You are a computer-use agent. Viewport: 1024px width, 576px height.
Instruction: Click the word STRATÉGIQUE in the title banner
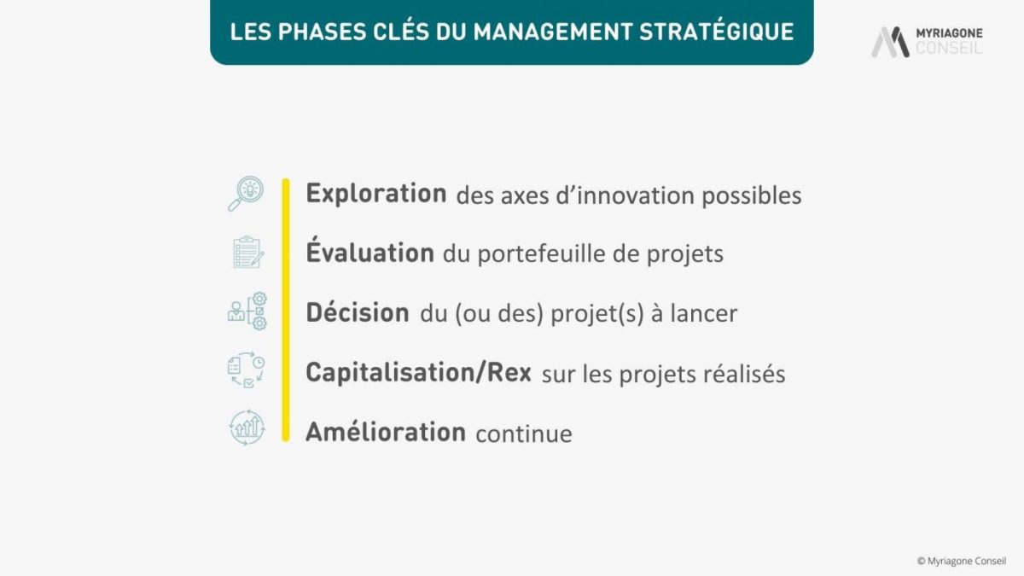point(716,31)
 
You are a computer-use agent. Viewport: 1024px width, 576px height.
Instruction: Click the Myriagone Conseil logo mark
point(890,42)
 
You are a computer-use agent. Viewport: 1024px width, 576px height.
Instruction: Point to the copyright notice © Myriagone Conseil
point(962,561)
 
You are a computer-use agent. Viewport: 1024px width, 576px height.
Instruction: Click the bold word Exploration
point(376,193)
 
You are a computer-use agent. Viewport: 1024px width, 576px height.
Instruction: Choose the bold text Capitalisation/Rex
point(418,372)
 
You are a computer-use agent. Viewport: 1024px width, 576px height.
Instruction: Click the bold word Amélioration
point(386,431)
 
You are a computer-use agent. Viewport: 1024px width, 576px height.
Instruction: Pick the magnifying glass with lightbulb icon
point(246,194)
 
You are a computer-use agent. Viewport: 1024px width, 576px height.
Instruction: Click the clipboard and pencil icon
point(248,252)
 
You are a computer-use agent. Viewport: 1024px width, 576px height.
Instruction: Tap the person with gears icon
point(247,311)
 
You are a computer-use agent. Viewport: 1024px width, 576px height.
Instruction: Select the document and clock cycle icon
point(247,369)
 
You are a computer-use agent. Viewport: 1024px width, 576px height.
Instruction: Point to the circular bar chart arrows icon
point(247,428)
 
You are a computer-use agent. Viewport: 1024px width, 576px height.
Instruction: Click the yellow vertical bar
point(286,310)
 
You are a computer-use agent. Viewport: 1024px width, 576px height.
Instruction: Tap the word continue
point(523,433)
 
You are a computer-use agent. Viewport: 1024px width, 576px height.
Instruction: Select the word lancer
point(703,313)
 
